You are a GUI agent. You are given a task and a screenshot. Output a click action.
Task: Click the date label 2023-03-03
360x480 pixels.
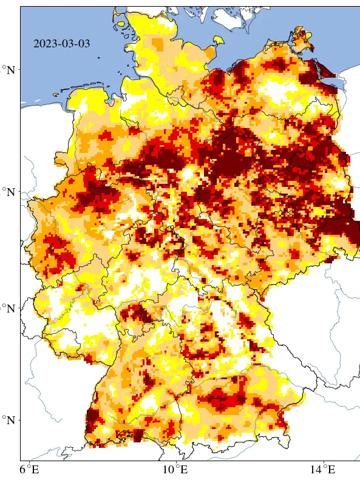[61, 44]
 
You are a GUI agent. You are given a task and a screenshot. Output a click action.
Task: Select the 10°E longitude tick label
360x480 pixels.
[176, 470]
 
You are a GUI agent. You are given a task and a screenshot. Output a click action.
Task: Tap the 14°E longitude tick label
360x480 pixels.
[324, 470]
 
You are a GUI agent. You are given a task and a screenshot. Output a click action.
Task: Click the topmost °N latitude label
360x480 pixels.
[10, 69]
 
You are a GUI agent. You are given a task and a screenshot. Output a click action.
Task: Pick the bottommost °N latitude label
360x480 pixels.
[10, 420]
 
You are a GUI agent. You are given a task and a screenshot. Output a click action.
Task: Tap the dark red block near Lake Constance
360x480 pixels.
[138, 434]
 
